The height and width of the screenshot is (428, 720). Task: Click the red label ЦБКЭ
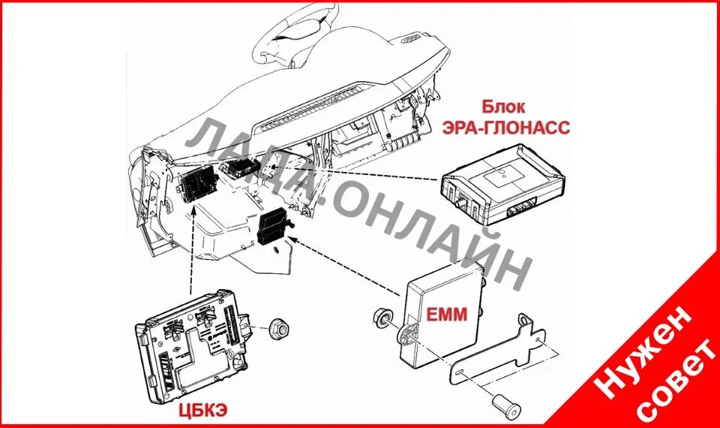click(x=203, y=409)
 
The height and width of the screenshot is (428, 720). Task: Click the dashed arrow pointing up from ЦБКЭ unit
click(x=193, y=248)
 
